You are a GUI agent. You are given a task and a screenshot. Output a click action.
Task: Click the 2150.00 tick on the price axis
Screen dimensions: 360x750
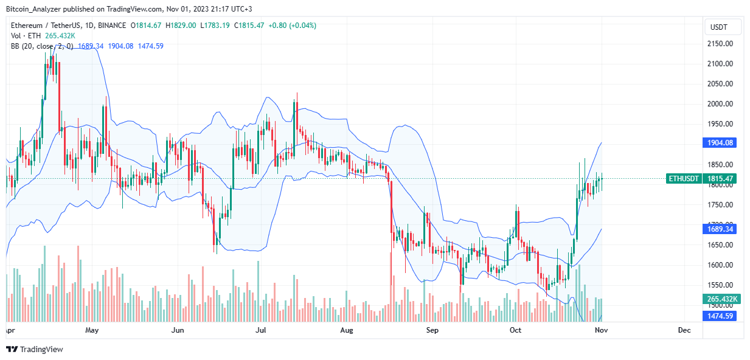coord(719,44)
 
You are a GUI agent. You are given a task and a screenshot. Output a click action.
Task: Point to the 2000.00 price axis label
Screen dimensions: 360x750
coord(719,104)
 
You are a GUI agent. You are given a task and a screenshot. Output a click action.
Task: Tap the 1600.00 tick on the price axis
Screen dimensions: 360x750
coord(719,265)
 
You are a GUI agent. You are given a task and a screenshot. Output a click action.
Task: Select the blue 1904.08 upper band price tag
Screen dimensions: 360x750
coord(719,142)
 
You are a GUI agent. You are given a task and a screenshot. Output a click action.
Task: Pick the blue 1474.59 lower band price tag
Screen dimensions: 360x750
coord(719,316)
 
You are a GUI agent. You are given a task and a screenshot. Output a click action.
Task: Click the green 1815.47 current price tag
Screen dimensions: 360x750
coord(719,179)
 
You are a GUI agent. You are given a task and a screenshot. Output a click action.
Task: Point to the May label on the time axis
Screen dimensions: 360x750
coord(92,330)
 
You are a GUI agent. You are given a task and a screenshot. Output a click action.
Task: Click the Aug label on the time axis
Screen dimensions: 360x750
coord(346,330)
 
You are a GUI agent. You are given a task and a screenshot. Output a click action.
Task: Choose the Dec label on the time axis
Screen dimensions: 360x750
coord(684,330)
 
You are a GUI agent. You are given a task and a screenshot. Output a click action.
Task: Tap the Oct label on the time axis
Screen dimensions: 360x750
coord(516,330)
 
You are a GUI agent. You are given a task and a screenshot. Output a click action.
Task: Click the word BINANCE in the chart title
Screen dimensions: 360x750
coord(110,26)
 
